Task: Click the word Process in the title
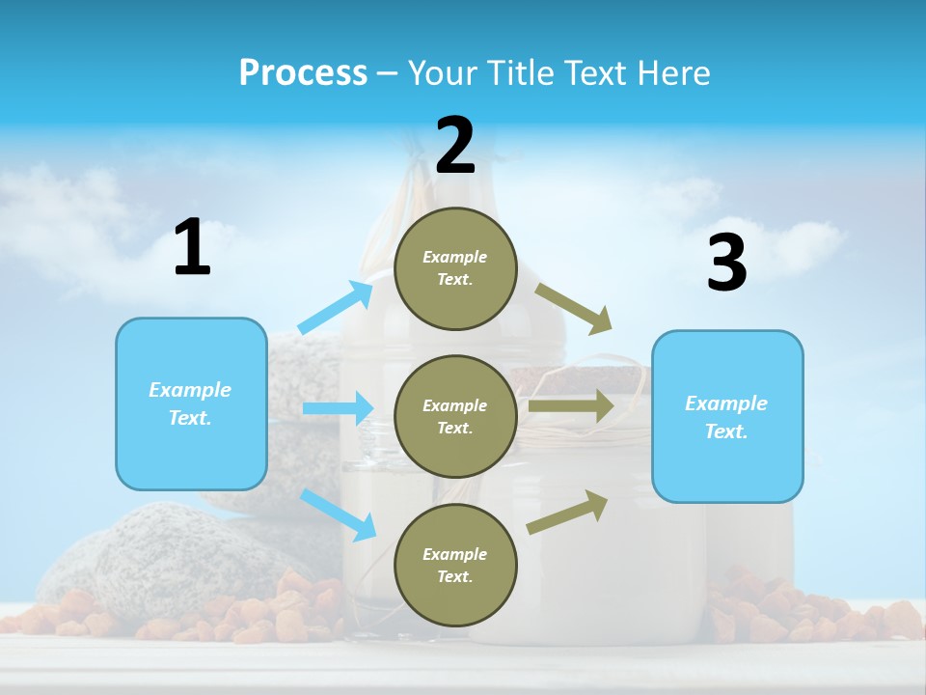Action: [303, 72]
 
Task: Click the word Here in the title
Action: [672, 73]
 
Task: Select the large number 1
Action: [192, 248]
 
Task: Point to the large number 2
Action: [455, 146]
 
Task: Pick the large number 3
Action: [726, 263]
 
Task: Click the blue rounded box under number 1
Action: [191, 403]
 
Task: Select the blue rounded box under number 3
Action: [726, 417]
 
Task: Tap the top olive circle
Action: [455, 268]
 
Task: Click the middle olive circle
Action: [455, 416]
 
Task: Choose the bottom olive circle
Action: [455, 565]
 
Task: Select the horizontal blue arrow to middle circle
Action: [338, 408]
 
